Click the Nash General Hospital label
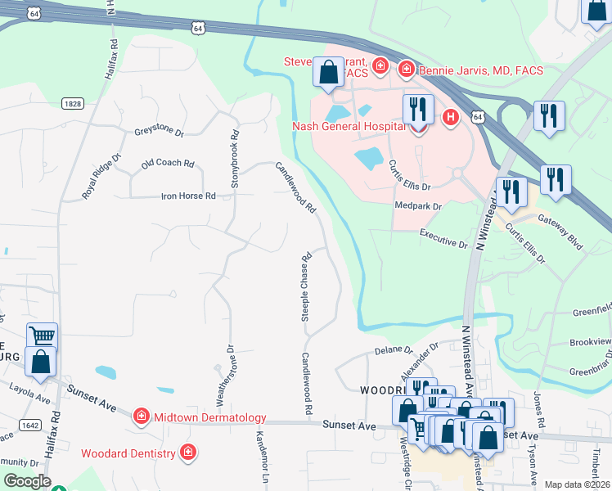tap(349, 127)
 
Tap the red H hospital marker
tap(449, 118)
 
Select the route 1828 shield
tap(72, 103)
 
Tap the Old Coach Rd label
tap(167, 164)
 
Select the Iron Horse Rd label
tap(187, 196)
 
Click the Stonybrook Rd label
tap(235, 160)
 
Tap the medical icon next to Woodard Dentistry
tap(188, 453)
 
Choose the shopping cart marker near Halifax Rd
tap(42, 336)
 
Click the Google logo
tap(27, 481)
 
